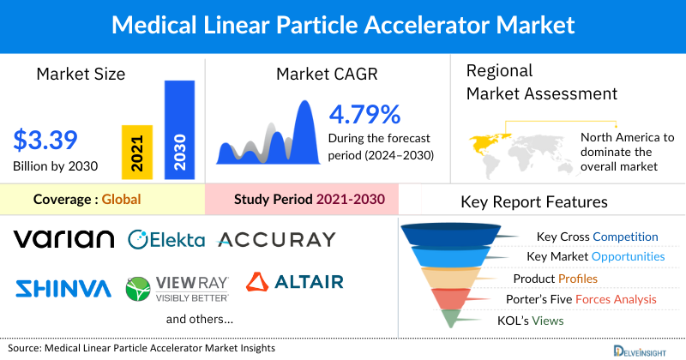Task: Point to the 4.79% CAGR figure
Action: click(x=364, y=114)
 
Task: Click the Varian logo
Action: click(x=64, y=238)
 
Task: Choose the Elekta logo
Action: click(x=166, y=238)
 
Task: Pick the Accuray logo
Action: click(x=277, y=238)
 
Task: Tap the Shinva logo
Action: click(x=63, y=285)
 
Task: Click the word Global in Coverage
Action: click(x=121, y=200)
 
